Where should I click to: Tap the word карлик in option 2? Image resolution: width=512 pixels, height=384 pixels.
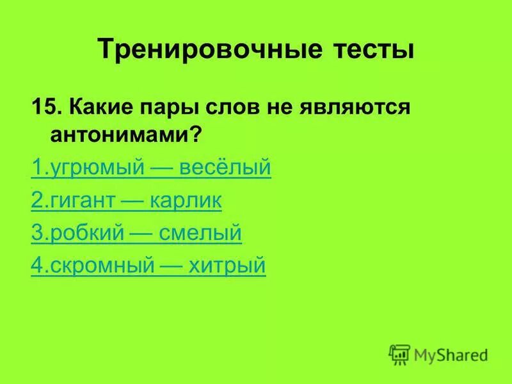(186, 201)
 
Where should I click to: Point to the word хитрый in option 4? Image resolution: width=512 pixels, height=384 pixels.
(227, 266)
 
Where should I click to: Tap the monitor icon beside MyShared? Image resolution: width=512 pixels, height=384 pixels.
(399, 354)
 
